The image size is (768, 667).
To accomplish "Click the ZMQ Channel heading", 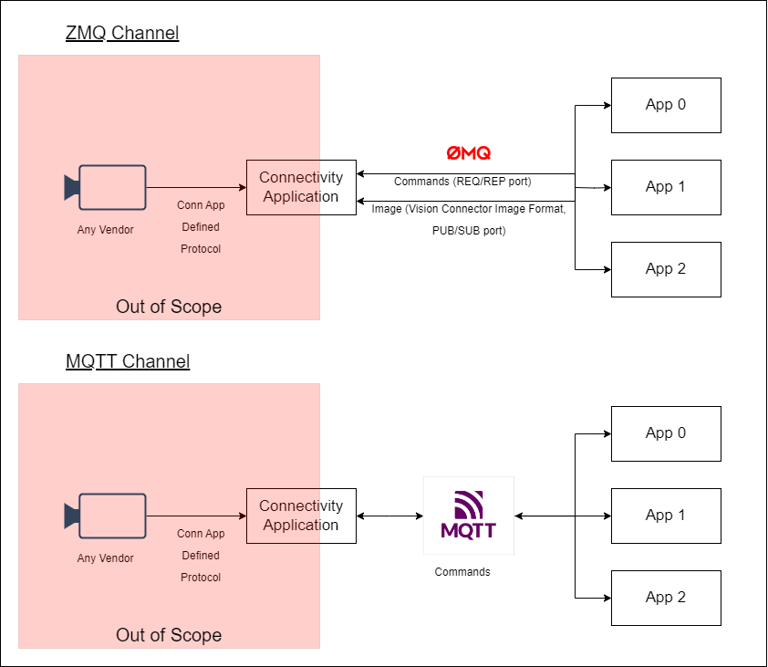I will click(122, 34).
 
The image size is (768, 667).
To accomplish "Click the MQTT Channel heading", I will click(128, 361).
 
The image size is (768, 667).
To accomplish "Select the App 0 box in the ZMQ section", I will click(666, 105).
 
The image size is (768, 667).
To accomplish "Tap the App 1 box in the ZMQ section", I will click(666, 187).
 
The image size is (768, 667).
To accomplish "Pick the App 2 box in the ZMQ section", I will click(666, 269).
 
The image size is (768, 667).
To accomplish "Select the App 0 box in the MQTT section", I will click(666, 433).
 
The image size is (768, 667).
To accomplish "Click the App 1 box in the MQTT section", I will click(666, 516).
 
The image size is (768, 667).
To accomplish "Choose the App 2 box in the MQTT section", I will click(666, 598).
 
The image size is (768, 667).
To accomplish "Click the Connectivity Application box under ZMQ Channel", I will click(301, 187).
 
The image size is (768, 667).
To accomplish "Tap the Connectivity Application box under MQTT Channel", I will click(301, 516).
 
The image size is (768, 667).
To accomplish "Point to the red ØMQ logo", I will click(468, 153).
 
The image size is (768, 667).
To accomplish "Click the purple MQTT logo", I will click(468, 515).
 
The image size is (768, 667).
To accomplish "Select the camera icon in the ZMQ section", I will click(106, 187).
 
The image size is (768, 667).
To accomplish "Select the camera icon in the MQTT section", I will click(106, 516).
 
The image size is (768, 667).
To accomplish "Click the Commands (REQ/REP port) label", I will click(462, 182).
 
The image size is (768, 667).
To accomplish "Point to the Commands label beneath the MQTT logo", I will click(462, 572).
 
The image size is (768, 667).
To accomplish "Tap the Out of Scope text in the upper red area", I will click(169, 307).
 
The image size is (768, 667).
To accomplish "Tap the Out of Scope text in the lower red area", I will click(169, 635).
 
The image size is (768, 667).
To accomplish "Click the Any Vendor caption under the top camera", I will click(105, 230).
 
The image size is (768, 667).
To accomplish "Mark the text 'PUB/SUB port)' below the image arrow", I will click(469, 231).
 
